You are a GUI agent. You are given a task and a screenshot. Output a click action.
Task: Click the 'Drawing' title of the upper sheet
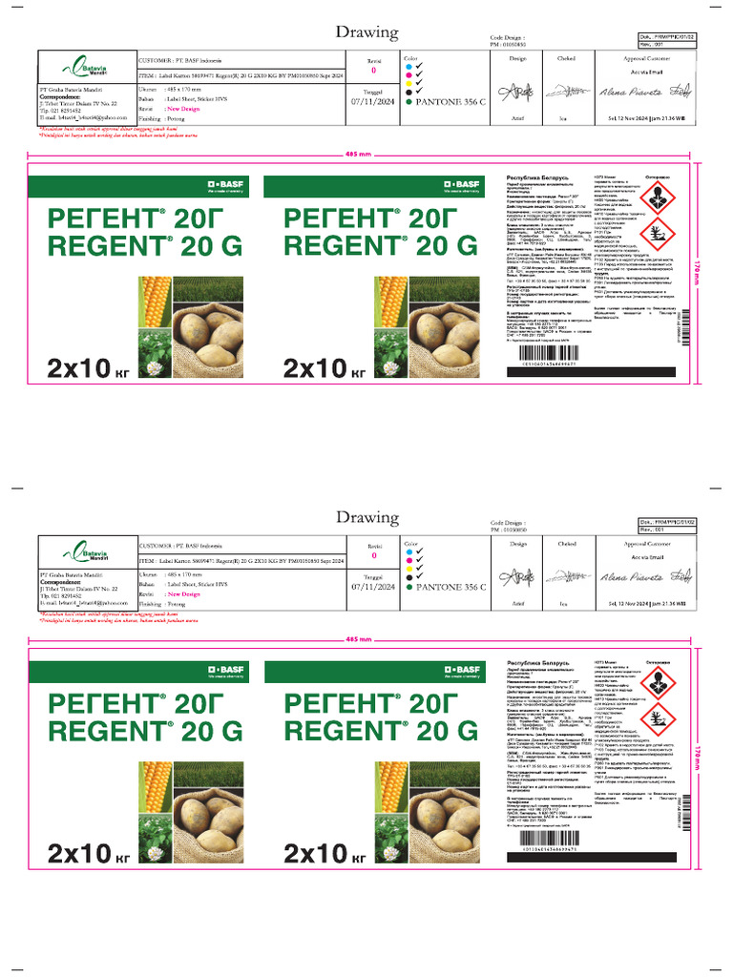pyautogui.click(x=367, y=32)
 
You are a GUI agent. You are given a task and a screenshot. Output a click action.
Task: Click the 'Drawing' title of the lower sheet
pyautogui.click(x=367, y=517)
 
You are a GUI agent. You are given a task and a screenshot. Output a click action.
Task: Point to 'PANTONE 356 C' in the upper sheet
pyautogui.click(x=448, y=102)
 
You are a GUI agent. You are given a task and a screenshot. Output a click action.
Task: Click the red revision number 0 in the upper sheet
pyautogui.click(x=373, y=71)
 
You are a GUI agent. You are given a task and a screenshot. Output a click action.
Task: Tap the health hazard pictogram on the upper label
pyautogui.click(x=656, y=197)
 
